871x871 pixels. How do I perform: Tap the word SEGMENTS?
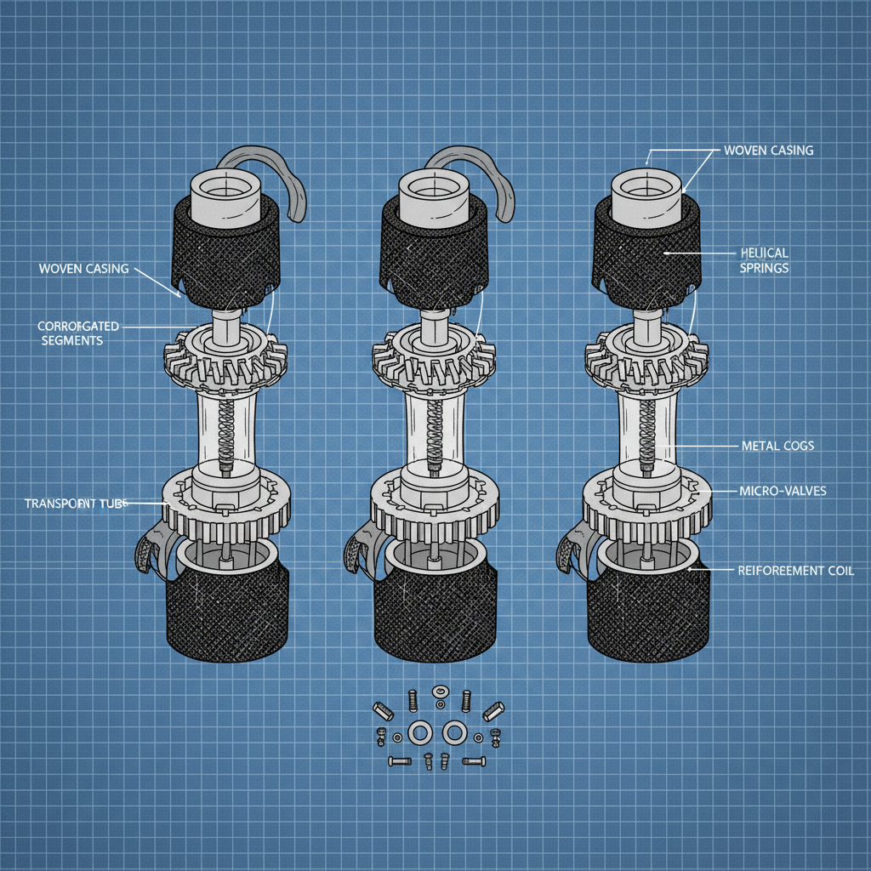71,340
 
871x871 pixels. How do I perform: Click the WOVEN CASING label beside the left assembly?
83,269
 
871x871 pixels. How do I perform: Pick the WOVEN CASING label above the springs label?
767,151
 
